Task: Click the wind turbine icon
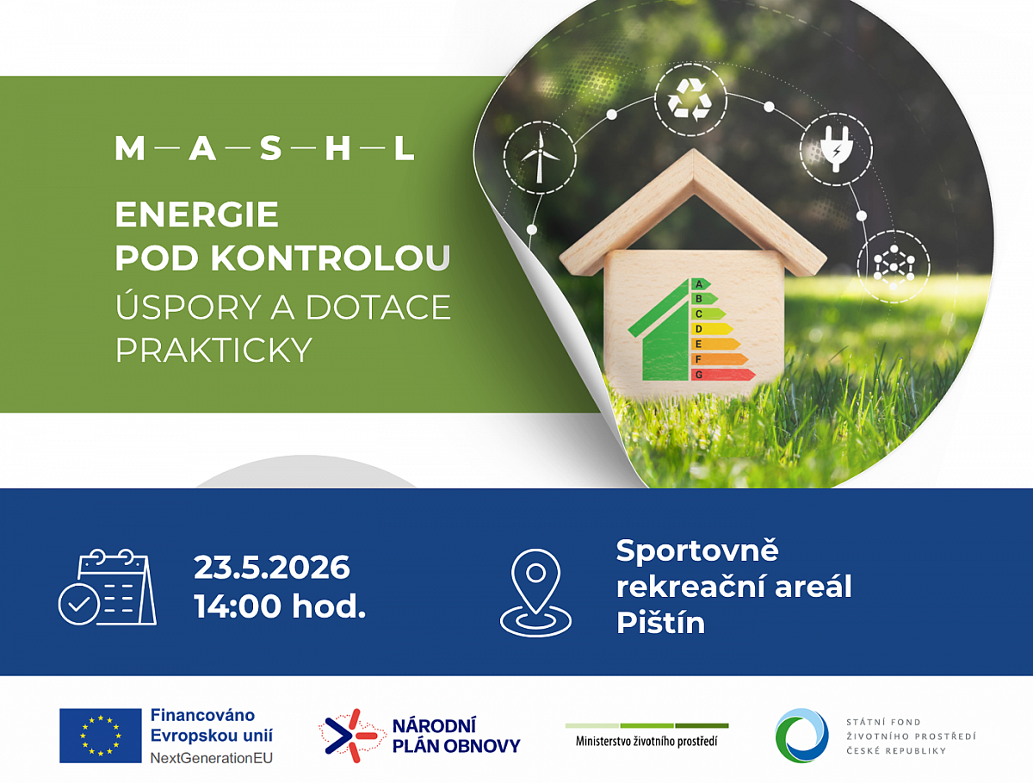point(540,158)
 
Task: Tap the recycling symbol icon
point(690,100)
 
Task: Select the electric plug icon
point(836,149)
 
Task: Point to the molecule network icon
point(894,266)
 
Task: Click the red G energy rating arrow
point(723,375)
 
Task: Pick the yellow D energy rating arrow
point(712,329)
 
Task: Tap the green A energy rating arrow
point(701,284)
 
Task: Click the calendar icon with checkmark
point(108,587)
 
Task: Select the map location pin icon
point(535,593)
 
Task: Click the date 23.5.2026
point(271,568)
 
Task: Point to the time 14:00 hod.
point(280,606)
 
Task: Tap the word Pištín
point(661,623)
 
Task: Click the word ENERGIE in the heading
point(197,214)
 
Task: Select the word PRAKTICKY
point(213,350)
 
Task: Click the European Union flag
point(100,736)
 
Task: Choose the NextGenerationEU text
point(211,758)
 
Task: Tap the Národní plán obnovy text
point(456,736)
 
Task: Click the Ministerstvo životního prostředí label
point(646,742)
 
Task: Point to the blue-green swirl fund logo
point(802,736)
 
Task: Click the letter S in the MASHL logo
point(270,148)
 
